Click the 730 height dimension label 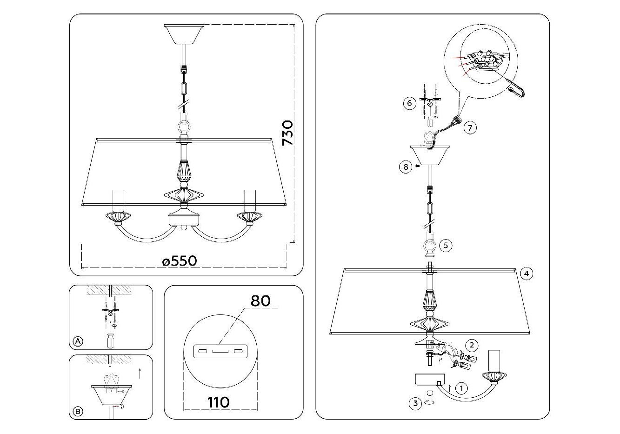tap(287, 133)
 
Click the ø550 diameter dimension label tap(180, 261)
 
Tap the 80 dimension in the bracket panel tap(260, 301)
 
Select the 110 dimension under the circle tap(219, 402)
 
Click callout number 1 tap(461, 388)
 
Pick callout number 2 tap(472, 345)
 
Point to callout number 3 tap(415, 403)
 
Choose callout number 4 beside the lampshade tap(527, 274)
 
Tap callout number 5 tap(446, 245)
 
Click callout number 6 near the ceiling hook tap(409, 103)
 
